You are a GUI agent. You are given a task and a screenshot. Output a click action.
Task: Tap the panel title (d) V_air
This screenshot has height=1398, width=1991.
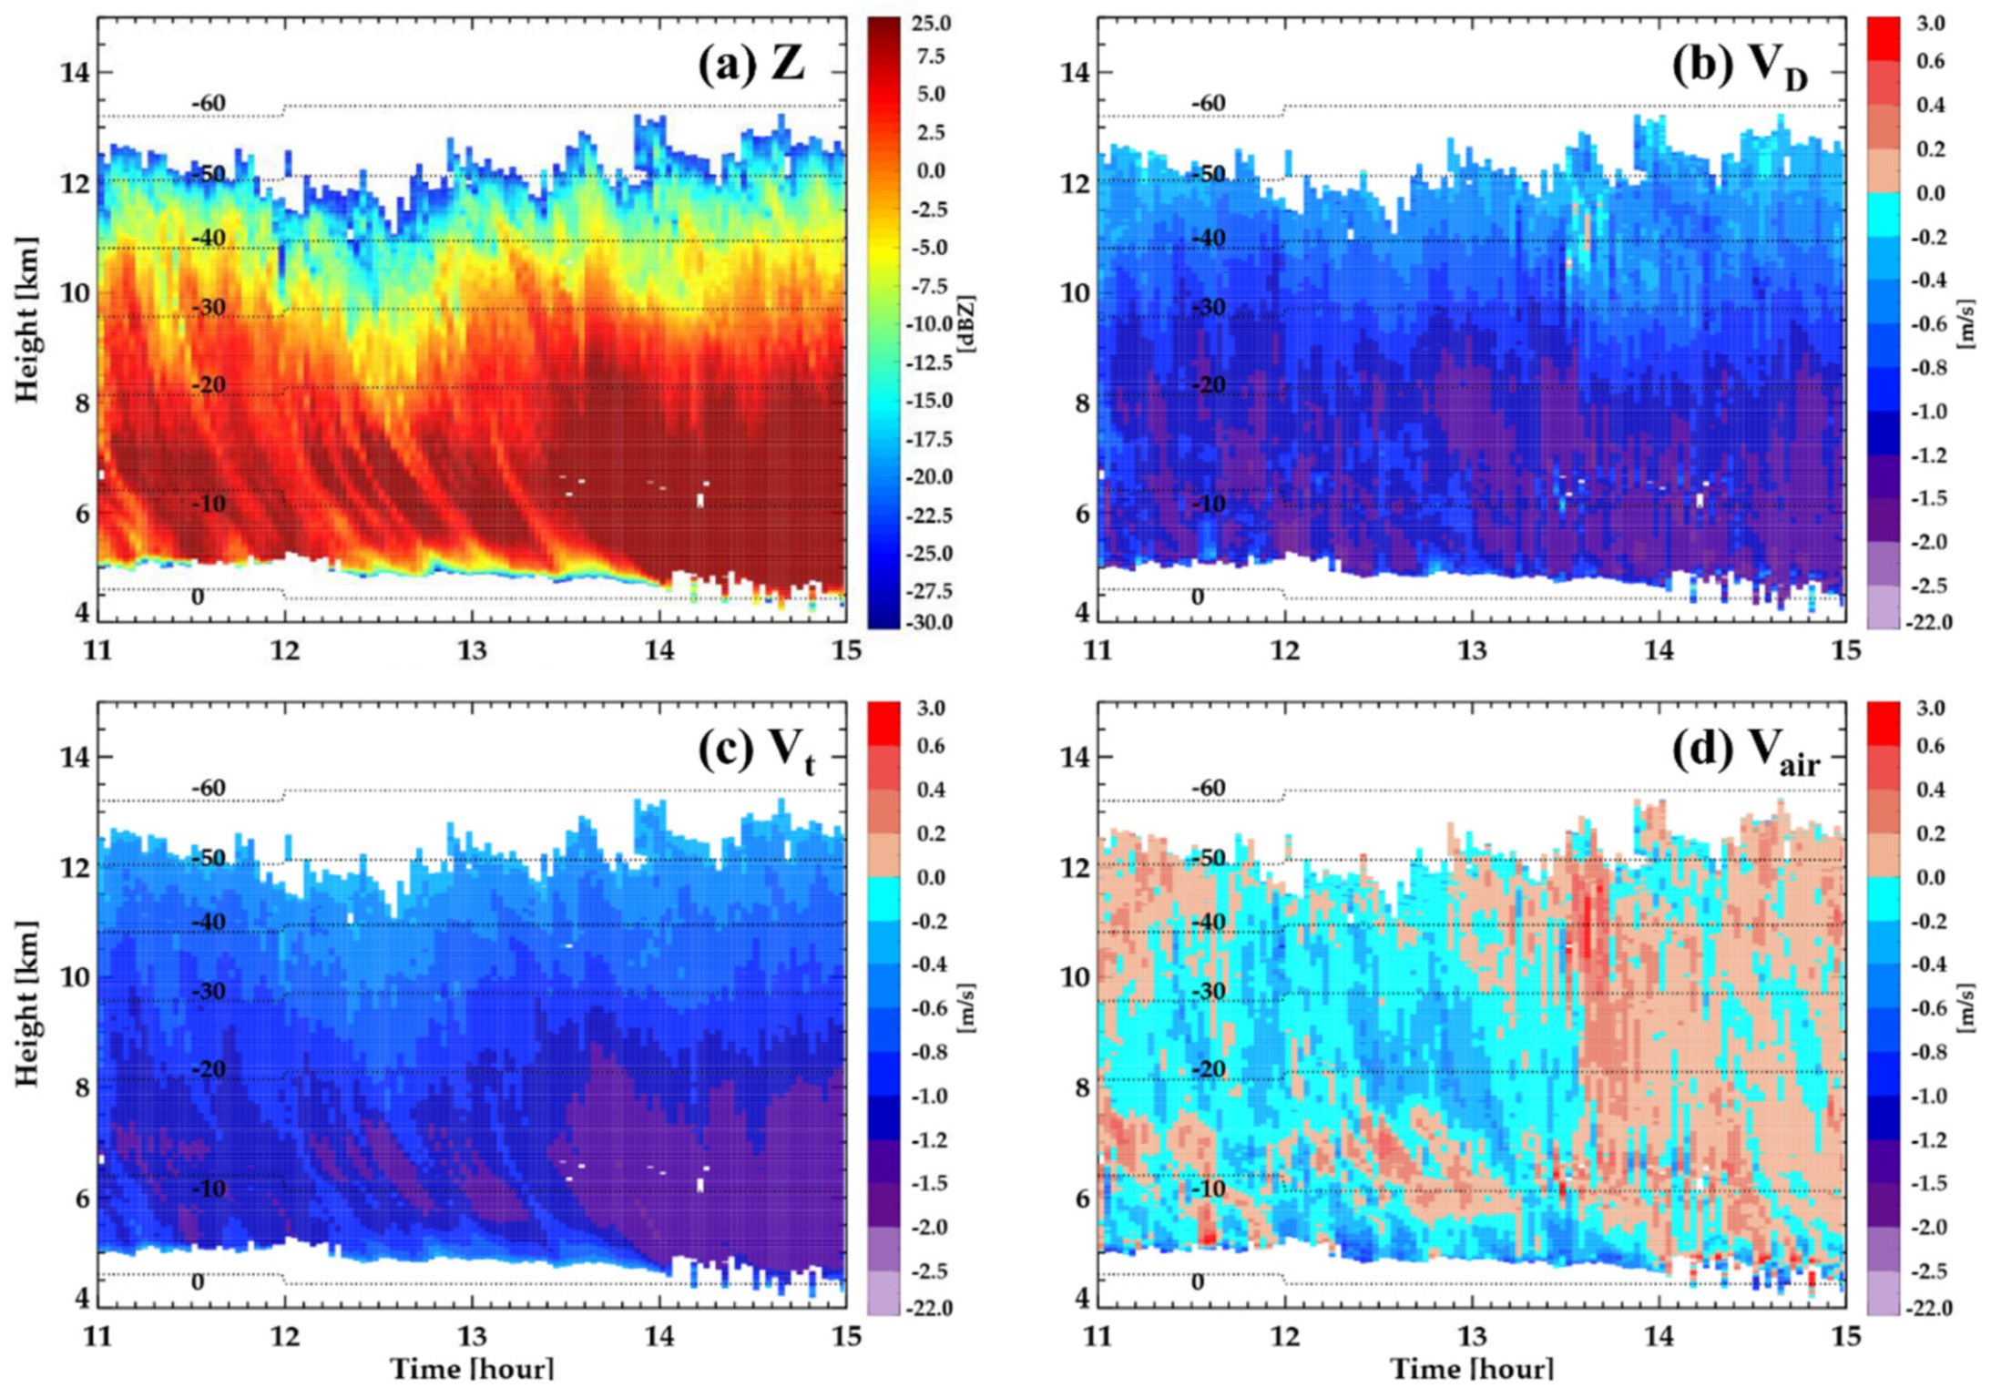(x=1745, y=752)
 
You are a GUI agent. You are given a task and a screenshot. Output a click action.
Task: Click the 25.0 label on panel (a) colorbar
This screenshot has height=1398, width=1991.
(x=931, y=24)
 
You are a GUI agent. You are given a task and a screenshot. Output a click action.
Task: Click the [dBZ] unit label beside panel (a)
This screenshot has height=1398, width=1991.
(x=966, y=323)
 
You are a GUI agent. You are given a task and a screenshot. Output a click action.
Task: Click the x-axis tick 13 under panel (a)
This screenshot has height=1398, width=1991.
(x=472, y=650)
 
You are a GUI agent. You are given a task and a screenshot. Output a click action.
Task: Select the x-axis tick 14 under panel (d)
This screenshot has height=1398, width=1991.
(x=1659, y=1336)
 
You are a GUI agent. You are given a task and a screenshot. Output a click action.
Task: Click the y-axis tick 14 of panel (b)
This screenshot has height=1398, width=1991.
(x=1076, y=72)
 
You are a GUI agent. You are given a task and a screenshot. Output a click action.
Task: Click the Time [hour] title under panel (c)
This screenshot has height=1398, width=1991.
(x=472, y=1369)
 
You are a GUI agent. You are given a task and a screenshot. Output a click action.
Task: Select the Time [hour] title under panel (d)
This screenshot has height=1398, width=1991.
(x=1472, y=1369)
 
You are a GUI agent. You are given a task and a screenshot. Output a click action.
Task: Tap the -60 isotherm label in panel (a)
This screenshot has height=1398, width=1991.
(x=209, y=103)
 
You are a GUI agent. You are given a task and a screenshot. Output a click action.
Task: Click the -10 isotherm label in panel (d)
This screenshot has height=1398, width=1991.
(x=1209, y=1188)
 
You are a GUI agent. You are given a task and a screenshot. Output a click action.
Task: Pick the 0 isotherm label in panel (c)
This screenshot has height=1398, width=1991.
(x=198, y=1281)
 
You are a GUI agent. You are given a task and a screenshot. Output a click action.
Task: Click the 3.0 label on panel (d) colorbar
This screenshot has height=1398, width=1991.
(x=1930, y=709)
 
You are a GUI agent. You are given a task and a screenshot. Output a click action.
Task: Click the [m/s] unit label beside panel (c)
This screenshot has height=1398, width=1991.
(x=966, y=1007)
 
